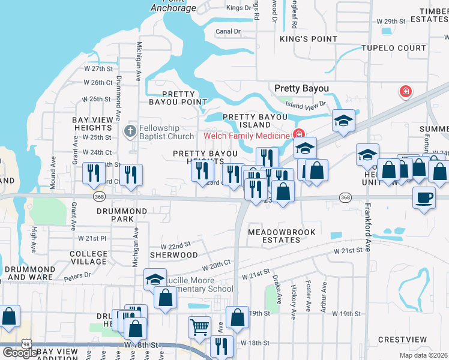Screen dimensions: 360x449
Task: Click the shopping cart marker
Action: point(199,327)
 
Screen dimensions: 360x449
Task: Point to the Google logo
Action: point(19,353)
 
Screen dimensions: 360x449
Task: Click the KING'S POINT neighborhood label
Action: point(309,39)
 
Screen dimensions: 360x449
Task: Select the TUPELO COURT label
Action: point(394,48)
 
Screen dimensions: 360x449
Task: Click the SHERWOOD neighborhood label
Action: point(173,255)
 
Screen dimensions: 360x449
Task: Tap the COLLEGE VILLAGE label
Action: point(88,257)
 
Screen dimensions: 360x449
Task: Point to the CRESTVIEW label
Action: point(402,340)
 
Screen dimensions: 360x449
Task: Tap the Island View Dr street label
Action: point(306,104)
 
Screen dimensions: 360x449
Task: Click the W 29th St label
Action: point(391,21)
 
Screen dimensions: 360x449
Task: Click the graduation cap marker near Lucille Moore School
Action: point(154,279)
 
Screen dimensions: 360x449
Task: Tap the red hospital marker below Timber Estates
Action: point(406,92)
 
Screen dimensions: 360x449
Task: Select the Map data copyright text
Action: point(423,355)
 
